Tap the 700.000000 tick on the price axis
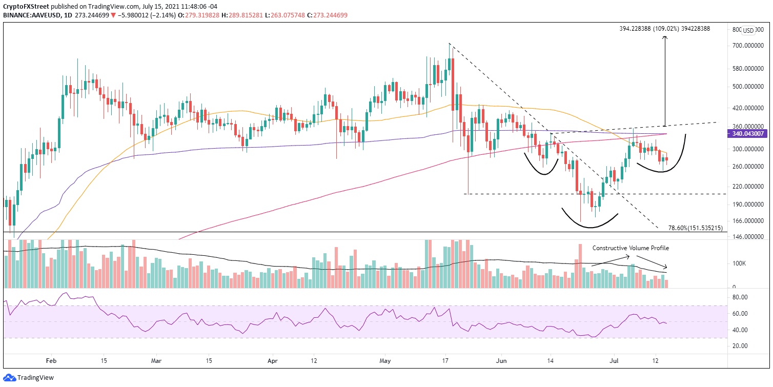tap(747, 46)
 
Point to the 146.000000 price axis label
tap(747, 237)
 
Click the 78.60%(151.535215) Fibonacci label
tap(696, 228)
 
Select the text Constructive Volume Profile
tap(630, 248)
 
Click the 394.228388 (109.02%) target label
tap(665, 29)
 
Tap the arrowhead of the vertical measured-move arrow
tap(665, 38)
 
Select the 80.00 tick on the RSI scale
tap(739, 297)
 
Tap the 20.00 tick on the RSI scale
tap(739, 346)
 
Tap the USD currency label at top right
tap(748, 31)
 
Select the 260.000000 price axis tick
tap(747, 167)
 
